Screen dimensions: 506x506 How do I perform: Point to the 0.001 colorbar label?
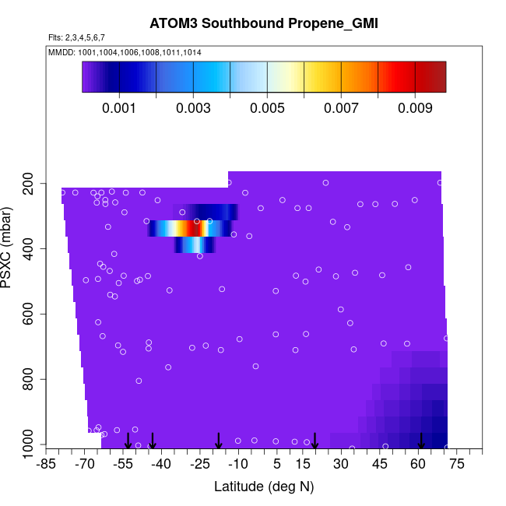(121, 109)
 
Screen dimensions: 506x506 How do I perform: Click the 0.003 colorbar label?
(194, 109)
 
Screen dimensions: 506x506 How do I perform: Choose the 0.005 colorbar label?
(268, 109)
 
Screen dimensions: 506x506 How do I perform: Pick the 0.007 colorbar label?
(341, 109)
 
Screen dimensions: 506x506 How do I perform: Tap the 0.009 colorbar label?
(415, 109)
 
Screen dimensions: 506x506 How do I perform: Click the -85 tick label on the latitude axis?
(47, 465)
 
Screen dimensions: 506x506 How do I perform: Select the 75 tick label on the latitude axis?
(456, 465)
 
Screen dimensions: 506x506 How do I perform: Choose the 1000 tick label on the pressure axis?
(29, 445)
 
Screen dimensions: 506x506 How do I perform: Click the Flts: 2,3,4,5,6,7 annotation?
(76, 37)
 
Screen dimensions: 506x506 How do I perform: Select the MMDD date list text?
(125, 52)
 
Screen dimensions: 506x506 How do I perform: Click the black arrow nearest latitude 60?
(421, 441)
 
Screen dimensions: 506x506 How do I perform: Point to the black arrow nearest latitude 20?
(315, 441)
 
